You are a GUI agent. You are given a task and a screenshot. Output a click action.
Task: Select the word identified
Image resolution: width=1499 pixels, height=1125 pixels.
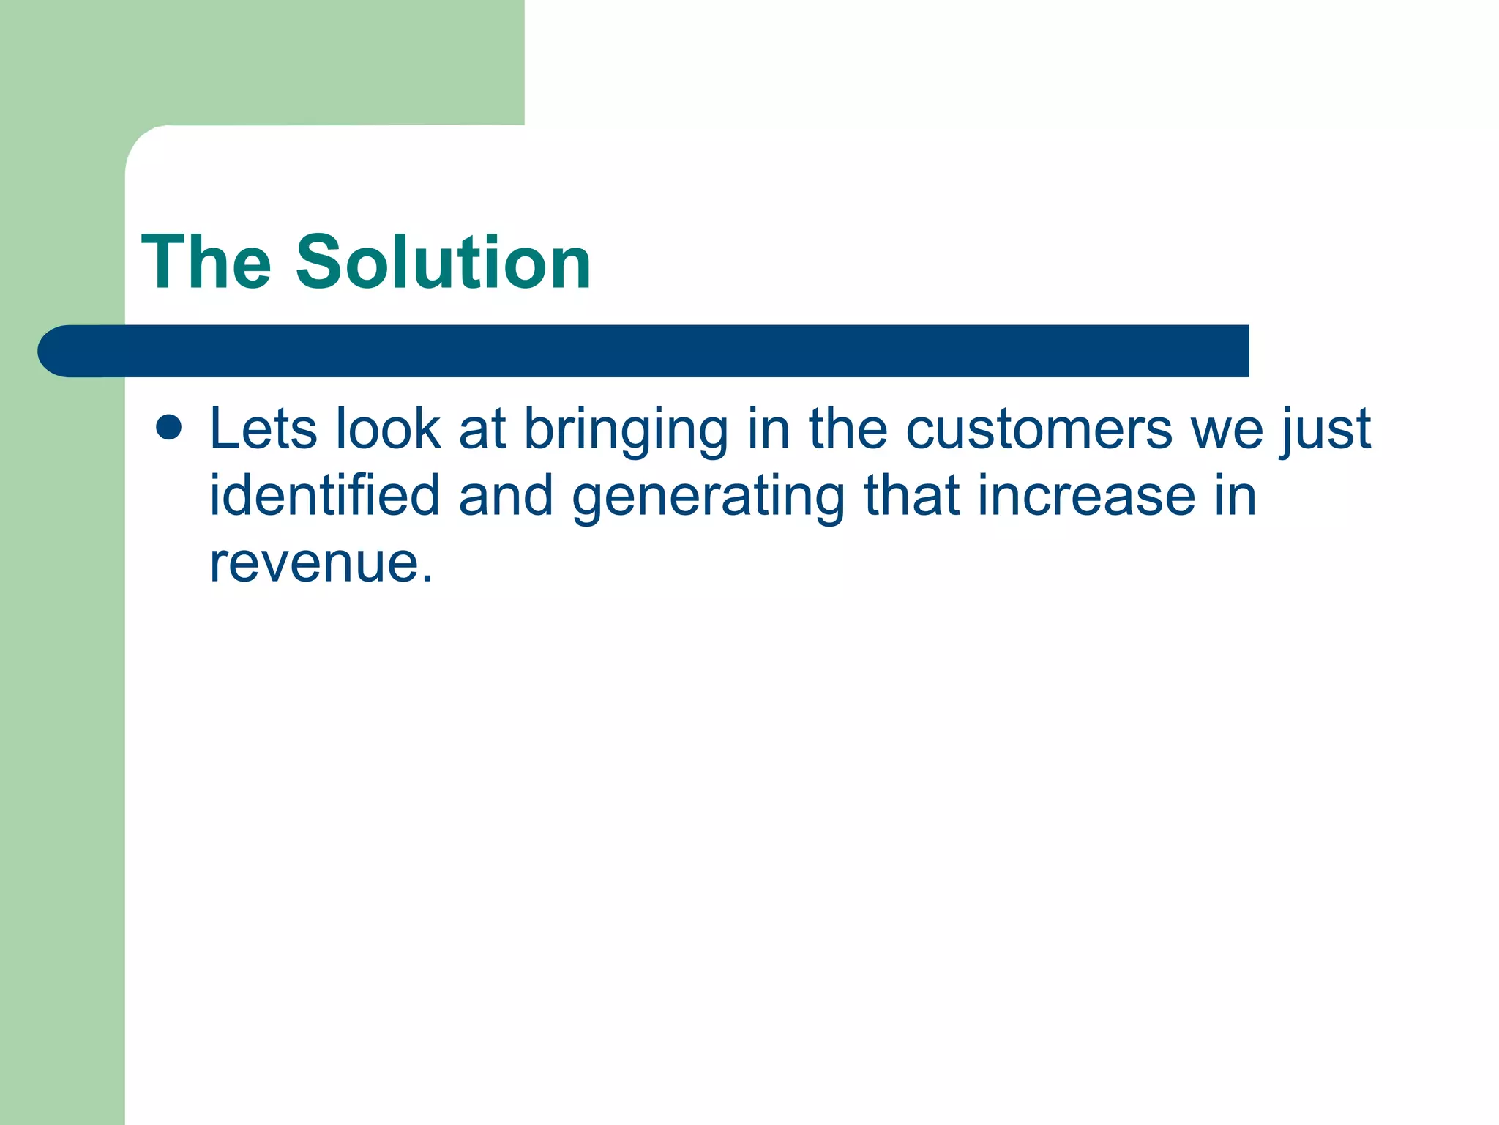click(x=324, y=495)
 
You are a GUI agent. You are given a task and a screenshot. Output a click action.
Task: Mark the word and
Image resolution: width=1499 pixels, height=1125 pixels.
click(x=506, y=495)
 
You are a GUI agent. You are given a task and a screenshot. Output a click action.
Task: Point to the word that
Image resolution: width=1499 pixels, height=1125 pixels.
click(x=911, y=495)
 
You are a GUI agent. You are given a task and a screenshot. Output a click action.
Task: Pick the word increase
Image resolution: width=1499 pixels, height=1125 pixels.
click(x=1086, y=495)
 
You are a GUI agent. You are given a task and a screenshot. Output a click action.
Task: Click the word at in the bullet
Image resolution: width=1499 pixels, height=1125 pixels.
click(x=482, y=430)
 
